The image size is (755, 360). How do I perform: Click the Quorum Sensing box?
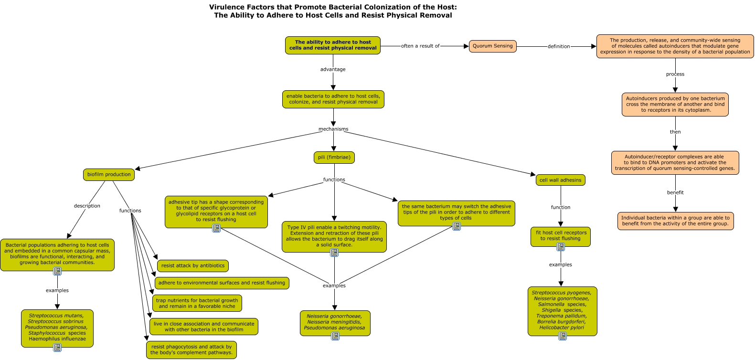pyautogui.click(x=492, y=46)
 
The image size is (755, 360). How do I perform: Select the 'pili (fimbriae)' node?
pyautogui.click(x=334, y=158)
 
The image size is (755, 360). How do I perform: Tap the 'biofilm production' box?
pyautogui.click(x=109, y=175)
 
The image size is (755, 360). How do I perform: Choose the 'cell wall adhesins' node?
pyautogui.click(x=560, y=180)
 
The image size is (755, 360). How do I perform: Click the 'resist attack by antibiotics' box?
pyautogui.click(x=193, y=265)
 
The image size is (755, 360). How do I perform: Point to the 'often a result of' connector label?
pyautogui.click(x=420, y=46)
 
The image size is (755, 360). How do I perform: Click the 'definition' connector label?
pyautogui.click(x=559, y=46)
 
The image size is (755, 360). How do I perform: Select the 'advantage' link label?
pyautogui.click(x=333, y=69)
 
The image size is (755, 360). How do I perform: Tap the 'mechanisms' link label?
pyautogui.click(x=333, y=129)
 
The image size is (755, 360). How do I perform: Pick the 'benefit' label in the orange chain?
pyautogui.click(x=675, y=192)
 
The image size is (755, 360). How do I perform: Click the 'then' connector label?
pyautogui.click(x=675, y=132)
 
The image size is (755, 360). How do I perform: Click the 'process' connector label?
pyautogui.click(x=675, y=74)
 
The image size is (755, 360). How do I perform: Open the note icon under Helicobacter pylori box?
pyautogui.click(x=562, y=336)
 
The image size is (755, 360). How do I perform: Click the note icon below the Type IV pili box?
pyautogui.click(x=334, y=253)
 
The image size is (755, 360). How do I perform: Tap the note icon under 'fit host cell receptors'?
pyautogui.click(x=561, y=247)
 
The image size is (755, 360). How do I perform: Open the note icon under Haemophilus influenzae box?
pyautogui.click(x=57, y=348)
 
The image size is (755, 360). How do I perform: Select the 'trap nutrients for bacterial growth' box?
pyautogui.click(x=197, y=303)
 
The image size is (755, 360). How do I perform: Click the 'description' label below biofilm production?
pyautogui.click(x=87, y=206)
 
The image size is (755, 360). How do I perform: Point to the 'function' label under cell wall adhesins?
pyautogui.click(x=561, y=207)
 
